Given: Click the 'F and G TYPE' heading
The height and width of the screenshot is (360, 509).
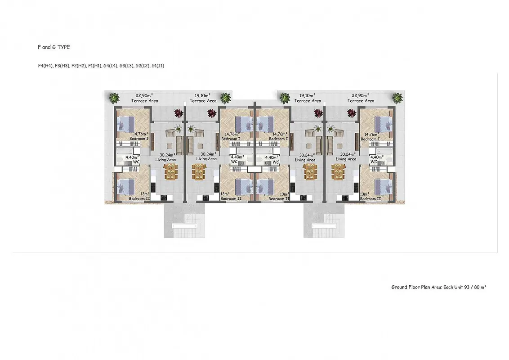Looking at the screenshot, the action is click(x=54, y=47).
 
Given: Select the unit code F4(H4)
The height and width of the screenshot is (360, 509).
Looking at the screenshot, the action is click(x=45, y=66).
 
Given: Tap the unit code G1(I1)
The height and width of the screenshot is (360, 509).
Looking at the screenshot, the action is click(x=158, y=66).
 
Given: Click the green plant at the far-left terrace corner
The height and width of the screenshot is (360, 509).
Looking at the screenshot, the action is click(x=114, y=98).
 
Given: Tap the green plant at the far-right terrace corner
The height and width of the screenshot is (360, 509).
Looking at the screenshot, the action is click(x=397, y=98).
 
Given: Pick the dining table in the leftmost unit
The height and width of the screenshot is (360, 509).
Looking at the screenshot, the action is click(x=171, y=171).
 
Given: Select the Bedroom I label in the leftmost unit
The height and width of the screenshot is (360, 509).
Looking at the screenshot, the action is click(x=138, y=139).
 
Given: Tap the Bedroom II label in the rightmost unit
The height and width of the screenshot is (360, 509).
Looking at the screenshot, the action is click(x=371, y=198).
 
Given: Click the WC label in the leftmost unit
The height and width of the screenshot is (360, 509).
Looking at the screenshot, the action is click(x=136, y=162).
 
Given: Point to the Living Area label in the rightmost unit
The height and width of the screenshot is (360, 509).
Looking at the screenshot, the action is click(x=346, y=159).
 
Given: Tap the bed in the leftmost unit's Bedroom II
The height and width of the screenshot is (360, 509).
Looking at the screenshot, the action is click(x=125, y=188).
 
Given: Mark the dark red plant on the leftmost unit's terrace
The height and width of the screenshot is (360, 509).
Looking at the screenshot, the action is click(x=179, y=113).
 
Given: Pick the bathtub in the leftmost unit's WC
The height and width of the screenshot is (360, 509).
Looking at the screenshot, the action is click(x=125, y=151).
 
